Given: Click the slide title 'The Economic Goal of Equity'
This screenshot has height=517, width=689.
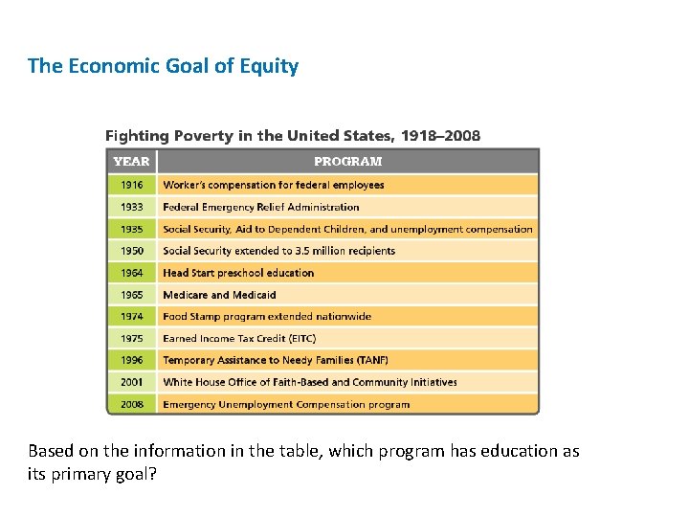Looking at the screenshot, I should (x=163, y=66).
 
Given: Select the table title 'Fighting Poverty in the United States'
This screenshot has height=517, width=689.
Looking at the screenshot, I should (x=292, y=136).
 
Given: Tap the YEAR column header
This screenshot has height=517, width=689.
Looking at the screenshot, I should (x=131, y=161).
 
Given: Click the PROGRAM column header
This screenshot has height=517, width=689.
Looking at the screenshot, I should (x=347, y=161).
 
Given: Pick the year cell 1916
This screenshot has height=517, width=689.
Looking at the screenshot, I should (x=131, y=185).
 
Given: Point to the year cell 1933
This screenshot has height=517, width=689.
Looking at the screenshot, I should (x=131, y=207).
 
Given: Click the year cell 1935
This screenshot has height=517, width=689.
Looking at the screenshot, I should (x=131, y=229).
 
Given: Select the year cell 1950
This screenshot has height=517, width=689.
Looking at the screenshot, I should (x=131, y=251).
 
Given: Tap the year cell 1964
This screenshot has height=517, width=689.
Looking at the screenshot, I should (x=131, y=273).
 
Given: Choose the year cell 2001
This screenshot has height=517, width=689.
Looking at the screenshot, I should (x=131, y=382).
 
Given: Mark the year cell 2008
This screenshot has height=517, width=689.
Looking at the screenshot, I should (x=131, y=404).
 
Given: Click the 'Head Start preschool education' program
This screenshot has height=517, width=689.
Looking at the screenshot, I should (x=238, y=273).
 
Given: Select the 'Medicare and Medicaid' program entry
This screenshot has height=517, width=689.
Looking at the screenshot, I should (x=219, y=295).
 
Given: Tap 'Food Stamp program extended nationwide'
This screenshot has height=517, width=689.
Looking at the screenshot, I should (x=267, y=317).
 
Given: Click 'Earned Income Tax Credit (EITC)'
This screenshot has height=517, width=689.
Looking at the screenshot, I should (x=239, y=339).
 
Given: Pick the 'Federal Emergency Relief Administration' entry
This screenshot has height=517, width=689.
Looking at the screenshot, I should (x=261, y=207).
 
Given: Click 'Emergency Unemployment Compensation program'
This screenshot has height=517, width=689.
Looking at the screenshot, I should (x=286, y=404).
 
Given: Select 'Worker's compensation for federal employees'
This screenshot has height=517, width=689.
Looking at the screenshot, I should (x=273, y=185).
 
